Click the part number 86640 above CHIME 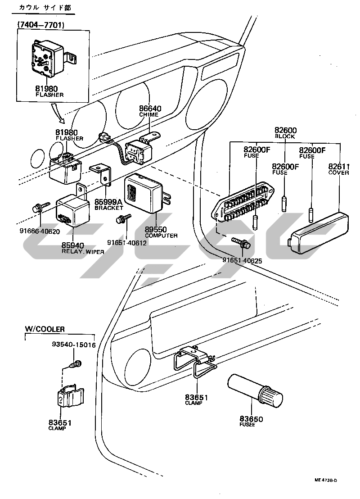click(150, 109)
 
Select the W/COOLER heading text click(44, 329)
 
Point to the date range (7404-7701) click(40, 25)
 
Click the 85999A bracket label click(108, 202)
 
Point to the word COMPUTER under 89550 click(161, 236)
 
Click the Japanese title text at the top click(45, 8)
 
